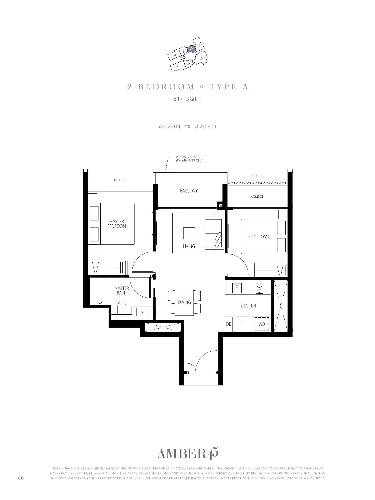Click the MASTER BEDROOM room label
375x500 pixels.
(x=117, y=224)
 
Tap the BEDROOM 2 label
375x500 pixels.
(x=259, y=237)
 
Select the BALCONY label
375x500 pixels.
(x=189, y=191)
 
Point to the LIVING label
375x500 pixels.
(x=189, y=246)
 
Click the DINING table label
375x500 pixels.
(x=184, y=302)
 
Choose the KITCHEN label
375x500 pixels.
(x=248, y=306)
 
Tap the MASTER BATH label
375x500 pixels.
(x=122, y=290)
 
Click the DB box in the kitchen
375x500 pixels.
(x=229, y=324)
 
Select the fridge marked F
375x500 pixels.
(x=241, y=324)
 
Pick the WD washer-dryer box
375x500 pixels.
(x=262, y=324)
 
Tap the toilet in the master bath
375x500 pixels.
(x=122, y=308)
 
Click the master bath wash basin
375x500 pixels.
(x=142, y=312)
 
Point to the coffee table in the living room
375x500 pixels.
(x=189, y=233)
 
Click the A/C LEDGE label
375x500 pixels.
(x=257, y=197)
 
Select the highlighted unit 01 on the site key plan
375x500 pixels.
(x=191, y=49)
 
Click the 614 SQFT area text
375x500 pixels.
(x=187, y=99)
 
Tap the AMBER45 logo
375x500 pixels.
(x=187, y=454)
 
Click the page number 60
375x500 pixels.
(x=21, y=478)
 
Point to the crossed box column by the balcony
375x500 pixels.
(x=221, y=206)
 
